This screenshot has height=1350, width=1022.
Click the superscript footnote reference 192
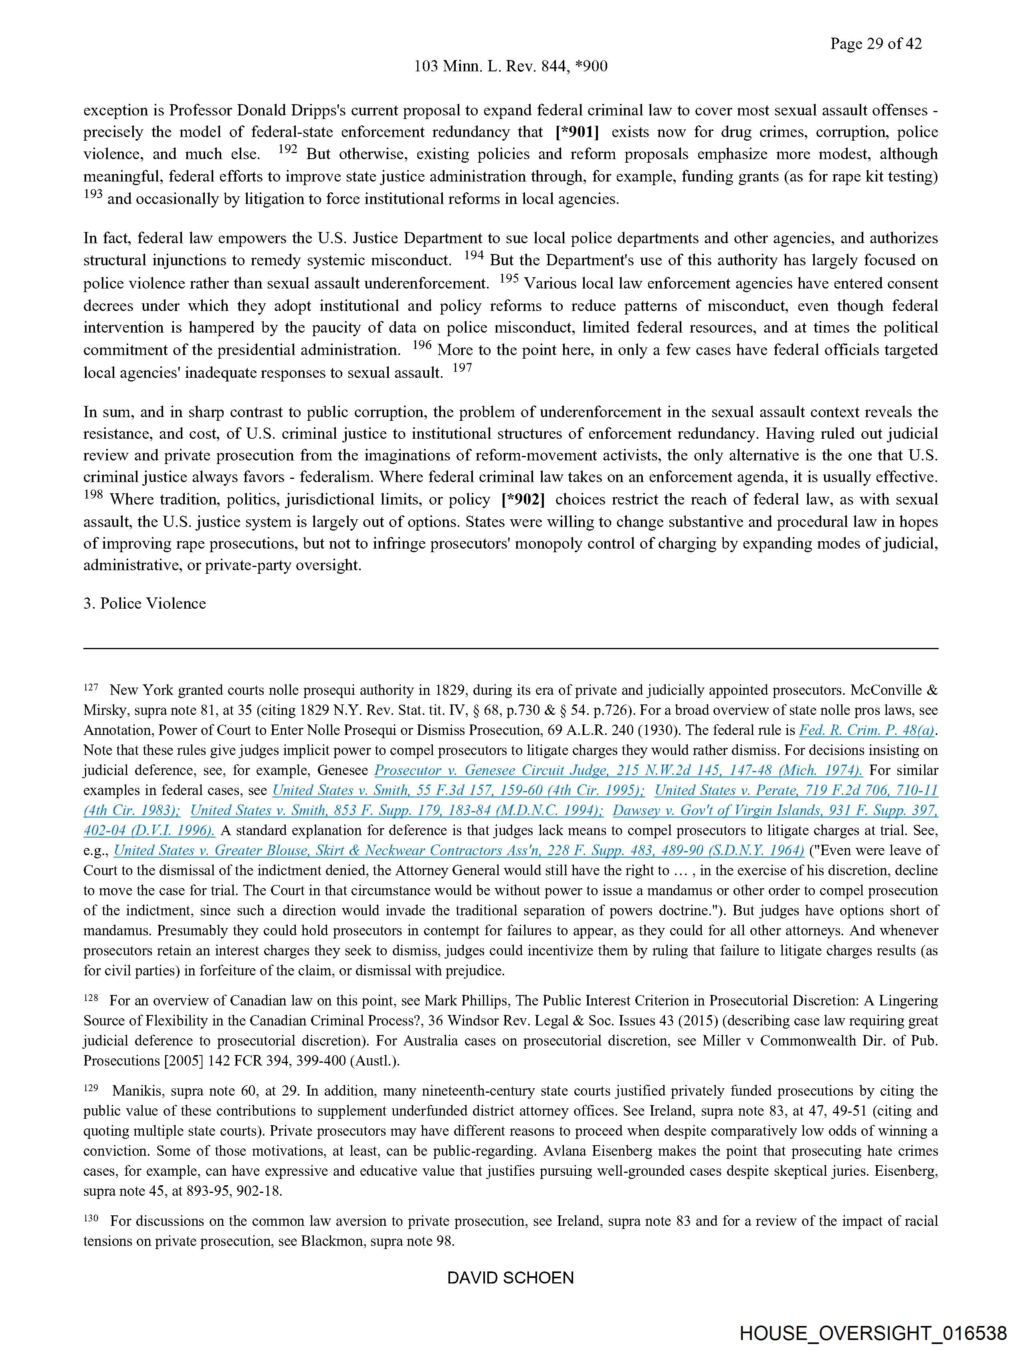pyautogui.click(x=287, y=149)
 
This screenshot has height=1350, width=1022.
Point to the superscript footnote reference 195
pyautogui.click(x=509, y=279)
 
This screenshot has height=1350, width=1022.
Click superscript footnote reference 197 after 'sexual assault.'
pyautogui.click(x=462, y=368)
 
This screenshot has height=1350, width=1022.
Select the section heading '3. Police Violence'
pyautogui.click(x=145, y=603)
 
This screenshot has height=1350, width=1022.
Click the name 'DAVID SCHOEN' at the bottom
pyautogui.click(x=510, y=1278)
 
